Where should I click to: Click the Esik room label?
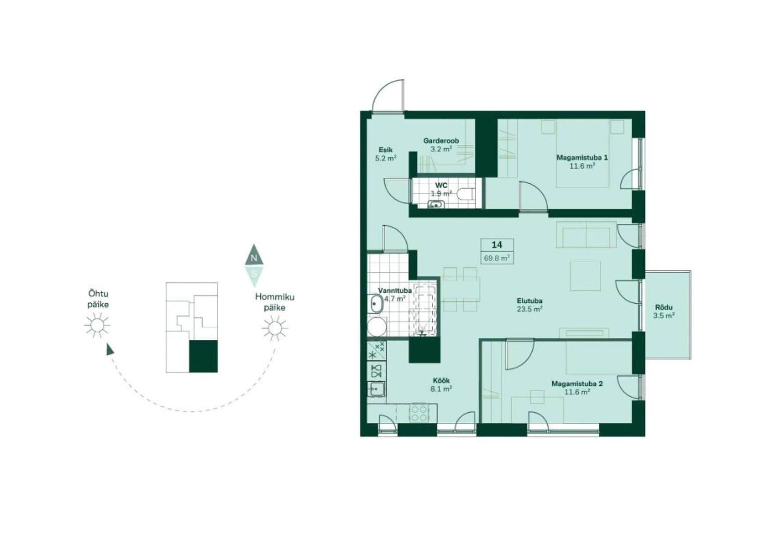[x=386, y=150]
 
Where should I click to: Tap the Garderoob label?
[x=441, y=141]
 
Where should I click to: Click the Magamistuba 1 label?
[x=582, y=157]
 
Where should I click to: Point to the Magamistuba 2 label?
[x=577, y=384]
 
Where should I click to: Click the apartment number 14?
[x=497, y=245]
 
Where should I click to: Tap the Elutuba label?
[x=530, y=301]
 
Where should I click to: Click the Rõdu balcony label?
[x=664, y=308]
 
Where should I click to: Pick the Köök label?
[x=441, y=381]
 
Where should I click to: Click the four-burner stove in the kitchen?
[x=419, y=413]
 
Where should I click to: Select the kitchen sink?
[x=376, y=389]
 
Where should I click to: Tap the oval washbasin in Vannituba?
[x=376, y=304]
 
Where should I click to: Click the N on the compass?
[x=254, y=258]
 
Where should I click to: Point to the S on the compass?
[x=254, y=273]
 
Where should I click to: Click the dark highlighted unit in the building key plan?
[x=203, y=356]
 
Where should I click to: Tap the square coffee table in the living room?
[x=585, y=276]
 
